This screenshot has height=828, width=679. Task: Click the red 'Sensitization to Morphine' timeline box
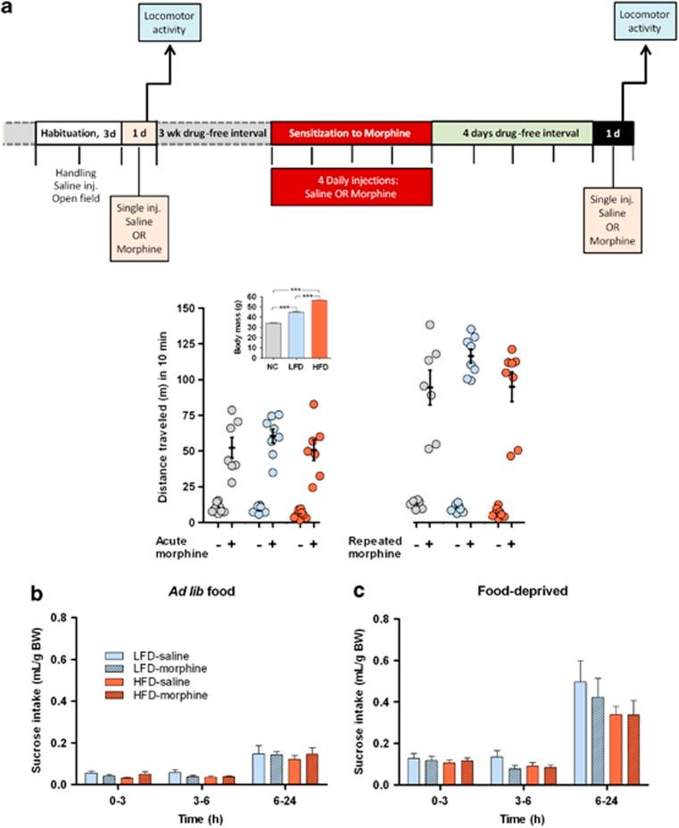(350, 133)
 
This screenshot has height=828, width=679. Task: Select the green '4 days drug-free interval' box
(511, 133)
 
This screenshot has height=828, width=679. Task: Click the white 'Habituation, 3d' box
(77, 133)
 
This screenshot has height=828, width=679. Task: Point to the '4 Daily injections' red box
(350, 185)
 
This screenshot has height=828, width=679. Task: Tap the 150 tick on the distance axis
(185, 309)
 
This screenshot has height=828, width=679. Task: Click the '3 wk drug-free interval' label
(213, 133)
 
